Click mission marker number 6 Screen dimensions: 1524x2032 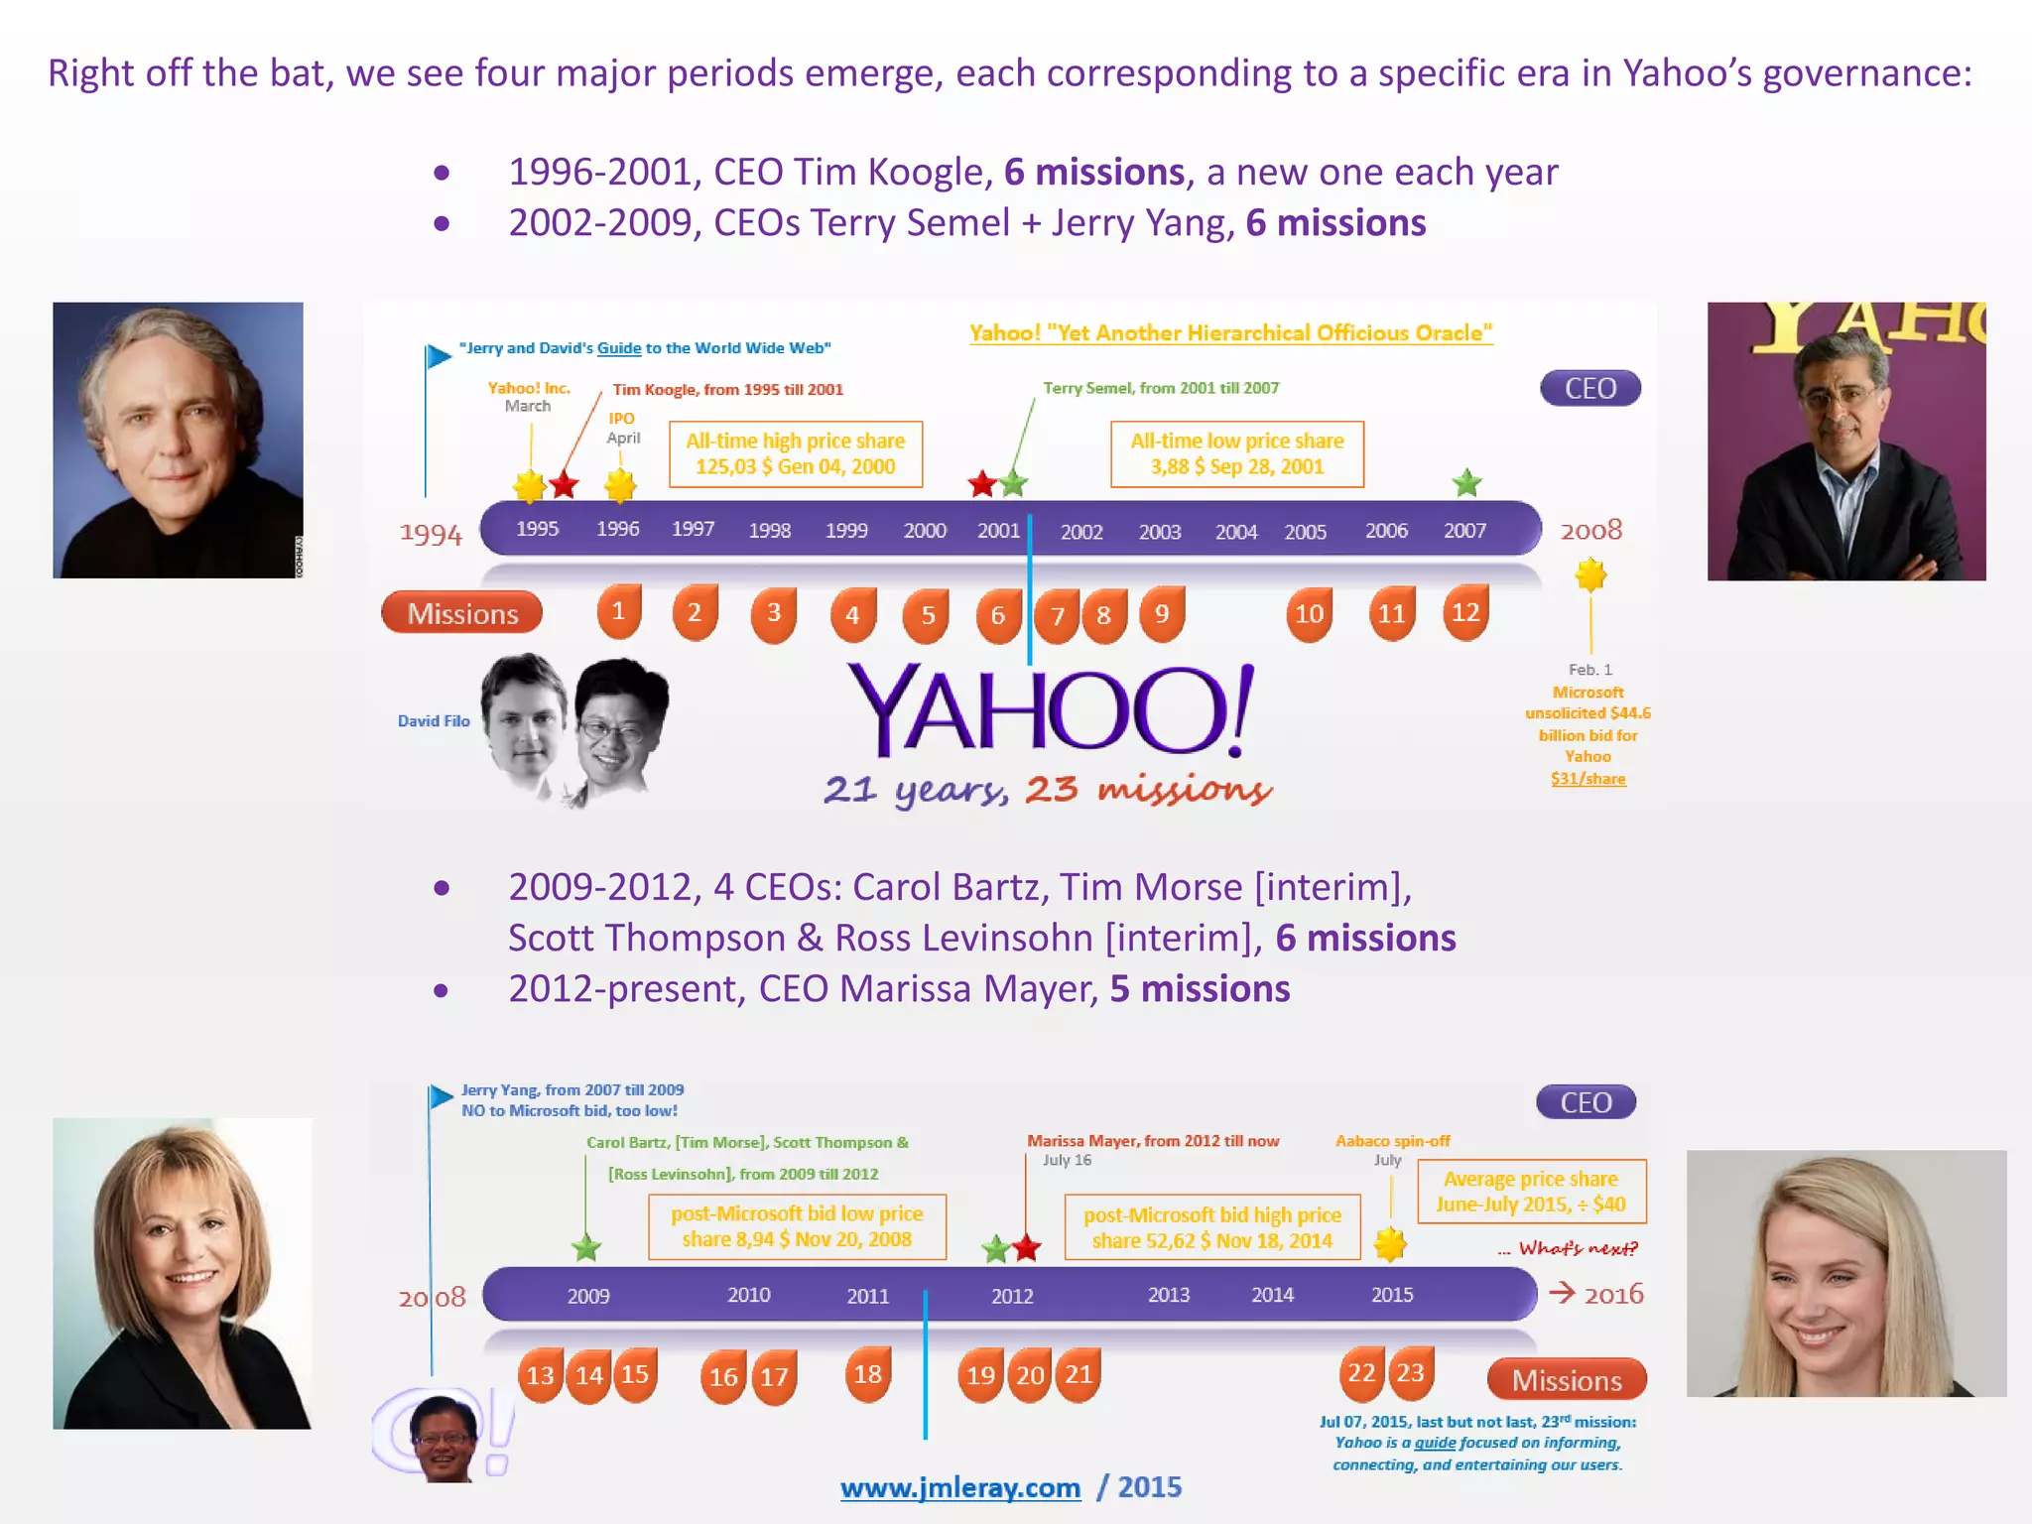[x=997, y=615]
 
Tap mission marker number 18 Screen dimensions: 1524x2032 [x=867, y=1374]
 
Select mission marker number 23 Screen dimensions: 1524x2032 [x=1410, y=1373]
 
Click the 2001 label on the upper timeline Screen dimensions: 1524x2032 [x=998, y=530]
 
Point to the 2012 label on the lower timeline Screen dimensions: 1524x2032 [x=1012, y=1296]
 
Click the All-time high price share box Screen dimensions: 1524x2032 [x=796, y=454]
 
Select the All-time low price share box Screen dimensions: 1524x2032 [x=1237, y=454]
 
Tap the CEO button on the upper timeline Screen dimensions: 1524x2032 [x=1589, y=388]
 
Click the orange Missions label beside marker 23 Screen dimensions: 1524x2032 [x=1567, y=1380]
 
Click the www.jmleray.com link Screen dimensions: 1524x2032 [x=959, y=1487]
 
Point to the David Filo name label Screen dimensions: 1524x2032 [x=434, y=721]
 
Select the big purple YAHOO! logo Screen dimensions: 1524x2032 [x=1050, y=709]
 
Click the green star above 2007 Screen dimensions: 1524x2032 [x=1466, y=483]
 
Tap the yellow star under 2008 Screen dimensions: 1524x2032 [x=1590, y=574]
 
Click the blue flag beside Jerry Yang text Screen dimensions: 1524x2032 [x=441, y=1096]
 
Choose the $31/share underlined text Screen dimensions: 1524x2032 [x=1587, y=779]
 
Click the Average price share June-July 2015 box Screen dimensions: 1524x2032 [x=1531, y=1192]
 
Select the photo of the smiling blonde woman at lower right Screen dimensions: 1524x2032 [x=1845, y=1273]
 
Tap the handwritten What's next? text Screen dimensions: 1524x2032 [x=1577, y=1248]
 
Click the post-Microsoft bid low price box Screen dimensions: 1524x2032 [x=797, y=1226]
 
